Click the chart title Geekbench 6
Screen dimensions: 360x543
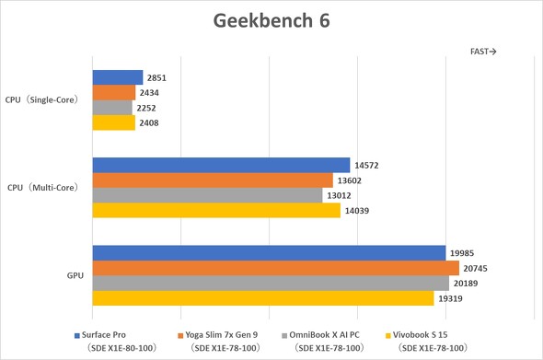coord(271,20)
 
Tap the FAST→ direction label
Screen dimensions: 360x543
coord(483,52)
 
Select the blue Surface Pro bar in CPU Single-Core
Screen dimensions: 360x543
coord(118,78)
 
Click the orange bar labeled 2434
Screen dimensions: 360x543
coord(114,93)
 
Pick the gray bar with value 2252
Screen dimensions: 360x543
coord(112,108)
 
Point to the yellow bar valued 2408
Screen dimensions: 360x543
coord(114,122)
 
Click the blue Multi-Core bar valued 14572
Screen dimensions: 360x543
coord(221,166)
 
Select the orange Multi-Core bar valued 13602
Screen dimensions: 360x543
coord(213,180)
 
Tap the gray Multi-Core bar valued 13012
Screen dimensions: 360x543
coord(208,195)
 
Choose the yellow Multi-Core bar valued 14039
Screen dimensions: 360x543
coord(216,210)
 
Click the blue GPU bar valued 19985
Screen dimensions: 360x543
coord(269,253)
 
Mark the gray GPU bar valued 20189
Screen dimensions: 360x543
coord(271,283)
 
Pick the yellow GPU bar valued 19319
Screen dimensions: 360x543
coord(263,297)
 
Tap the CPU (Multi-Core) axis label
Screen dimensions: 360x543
coord(43,188)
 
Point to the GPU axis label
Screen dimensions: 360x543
coord(75,275)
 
